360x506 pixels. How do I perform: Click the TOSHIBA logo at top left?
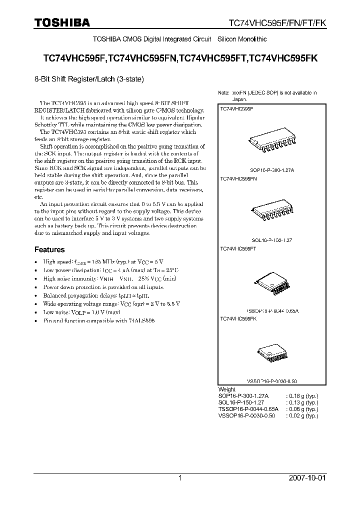point(62,22)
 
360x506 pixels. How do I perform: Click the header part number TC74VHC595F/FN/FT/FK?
point(276,23)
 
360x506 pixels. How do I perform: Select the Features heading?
point(49,249)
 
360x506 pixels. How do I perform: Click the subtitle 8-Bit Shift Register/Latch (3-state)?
point(89,78)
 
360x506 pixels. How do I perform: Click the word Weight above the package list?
point(226,389)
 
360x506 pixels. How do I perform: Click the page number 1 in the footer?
point(180,478)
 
